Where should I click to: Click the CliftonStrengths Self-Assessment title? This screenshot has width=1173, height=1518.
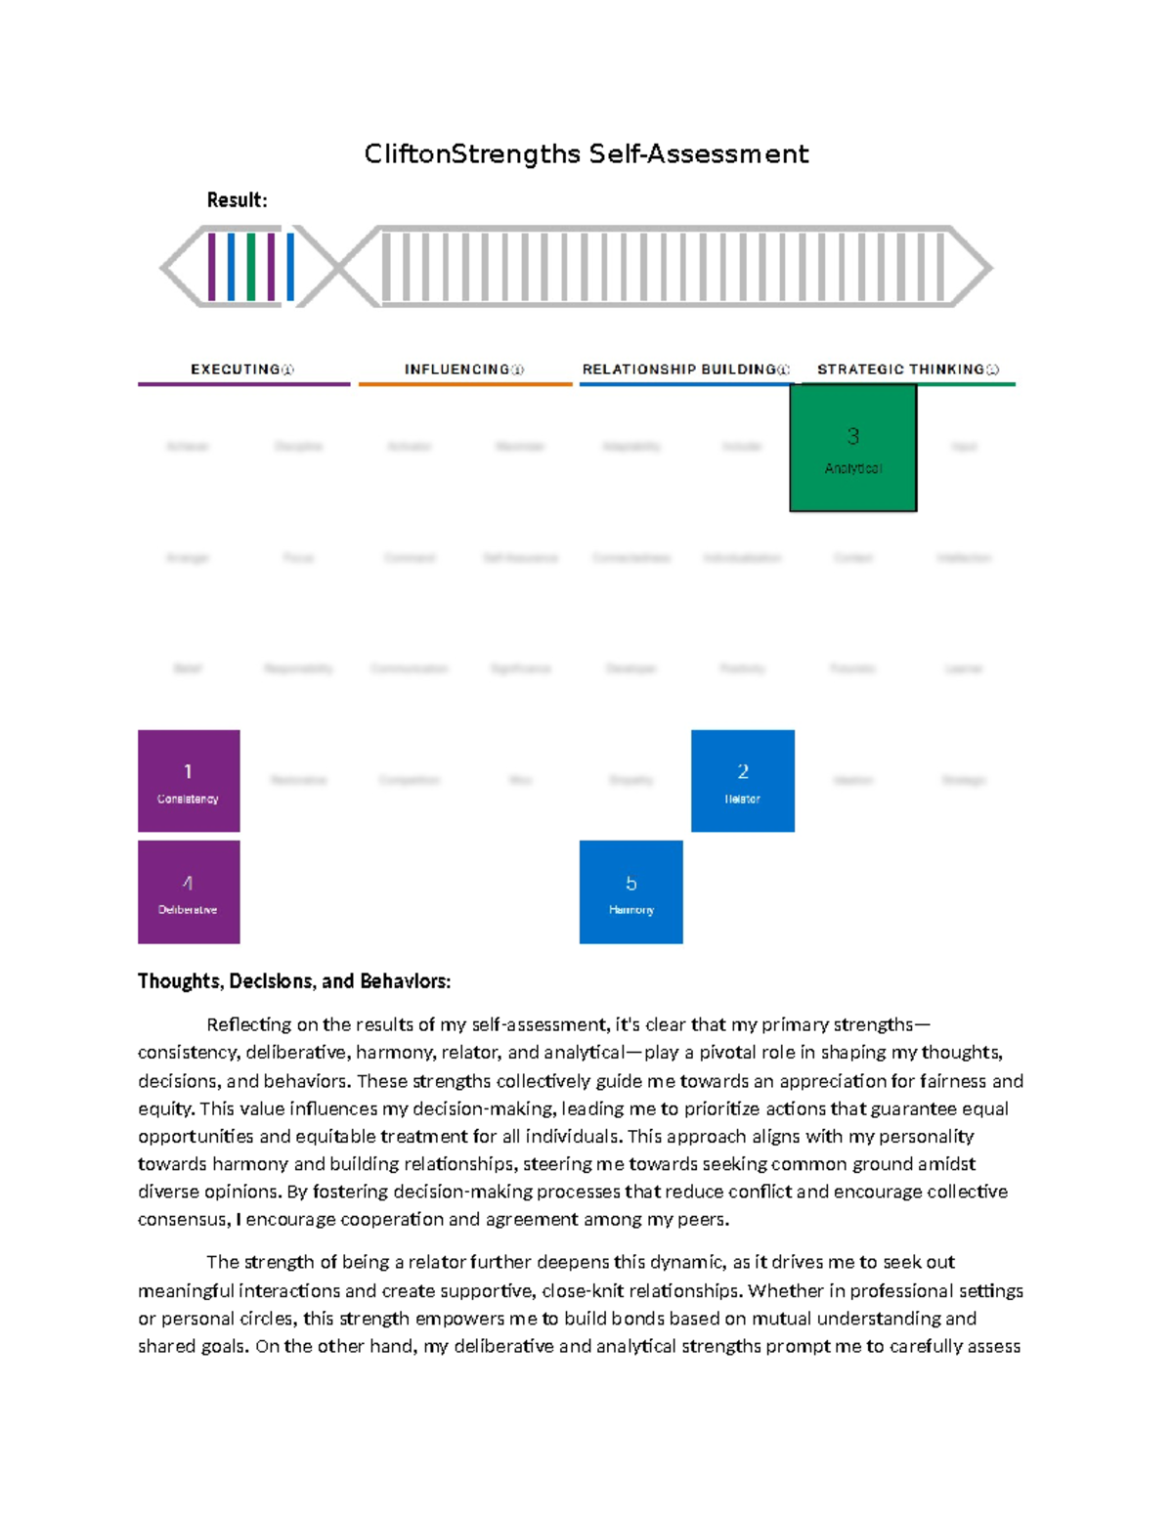tap(586, 154)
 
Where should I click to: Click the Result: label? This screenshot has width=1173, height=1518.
tap(237, 200)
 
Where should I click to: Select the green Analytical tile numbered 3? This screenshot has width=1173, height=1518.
tap(852, 448)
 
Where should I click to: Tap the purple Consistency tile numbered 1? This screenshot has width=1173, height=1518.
tap(189, 780)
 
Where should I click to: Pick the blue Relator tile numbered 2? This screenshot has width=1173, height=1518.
tap(742, 780)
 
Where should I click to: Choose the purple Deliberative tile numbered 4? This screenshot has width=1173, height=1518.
tap(189, 891)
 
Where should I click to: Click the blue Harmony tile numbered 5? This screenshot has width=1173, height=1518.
tap(630, 891)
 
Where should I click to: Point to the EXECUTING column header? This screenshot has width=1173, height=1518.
tap(236, 369)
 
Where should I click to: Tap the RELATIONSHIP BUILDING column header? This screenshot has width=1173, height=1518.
tap(679, 369)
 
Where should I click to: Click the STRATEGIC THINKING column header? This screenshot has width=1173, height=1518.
tap(900, 369)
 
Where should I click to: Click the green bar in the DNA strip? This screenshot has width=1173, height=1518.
tap(251, 267)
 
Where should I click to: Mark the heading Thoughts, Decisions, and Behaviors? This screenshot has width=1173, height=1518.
tap(294, 981)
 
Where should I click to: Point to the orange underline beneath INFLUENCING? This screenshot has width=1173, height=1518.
tap(465, 384)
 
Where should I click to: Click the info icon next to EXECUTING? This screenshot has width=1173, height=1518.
tap(287, 369)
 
